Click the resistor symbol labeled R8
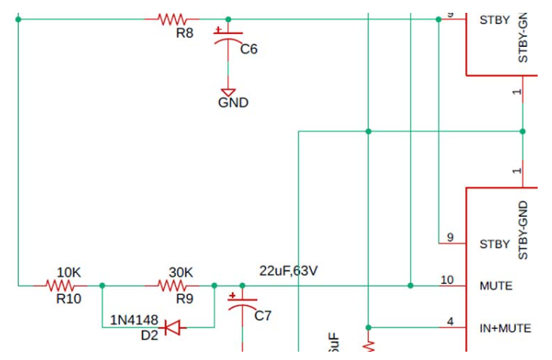172,19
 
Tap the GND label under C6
233,103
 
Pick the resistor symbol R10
60,285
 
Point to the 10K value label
69,272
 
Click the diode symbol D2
172,328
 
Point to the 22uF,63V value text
288,270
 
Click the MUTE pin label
495,286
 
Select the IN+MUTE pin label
505,328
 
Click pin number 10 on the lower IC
447,280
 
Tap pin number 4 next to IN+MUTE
450,322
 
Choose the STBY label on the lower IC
495,245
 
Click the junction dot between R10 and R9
103,285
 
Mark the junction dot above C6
228,19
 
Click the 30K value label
180,272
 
